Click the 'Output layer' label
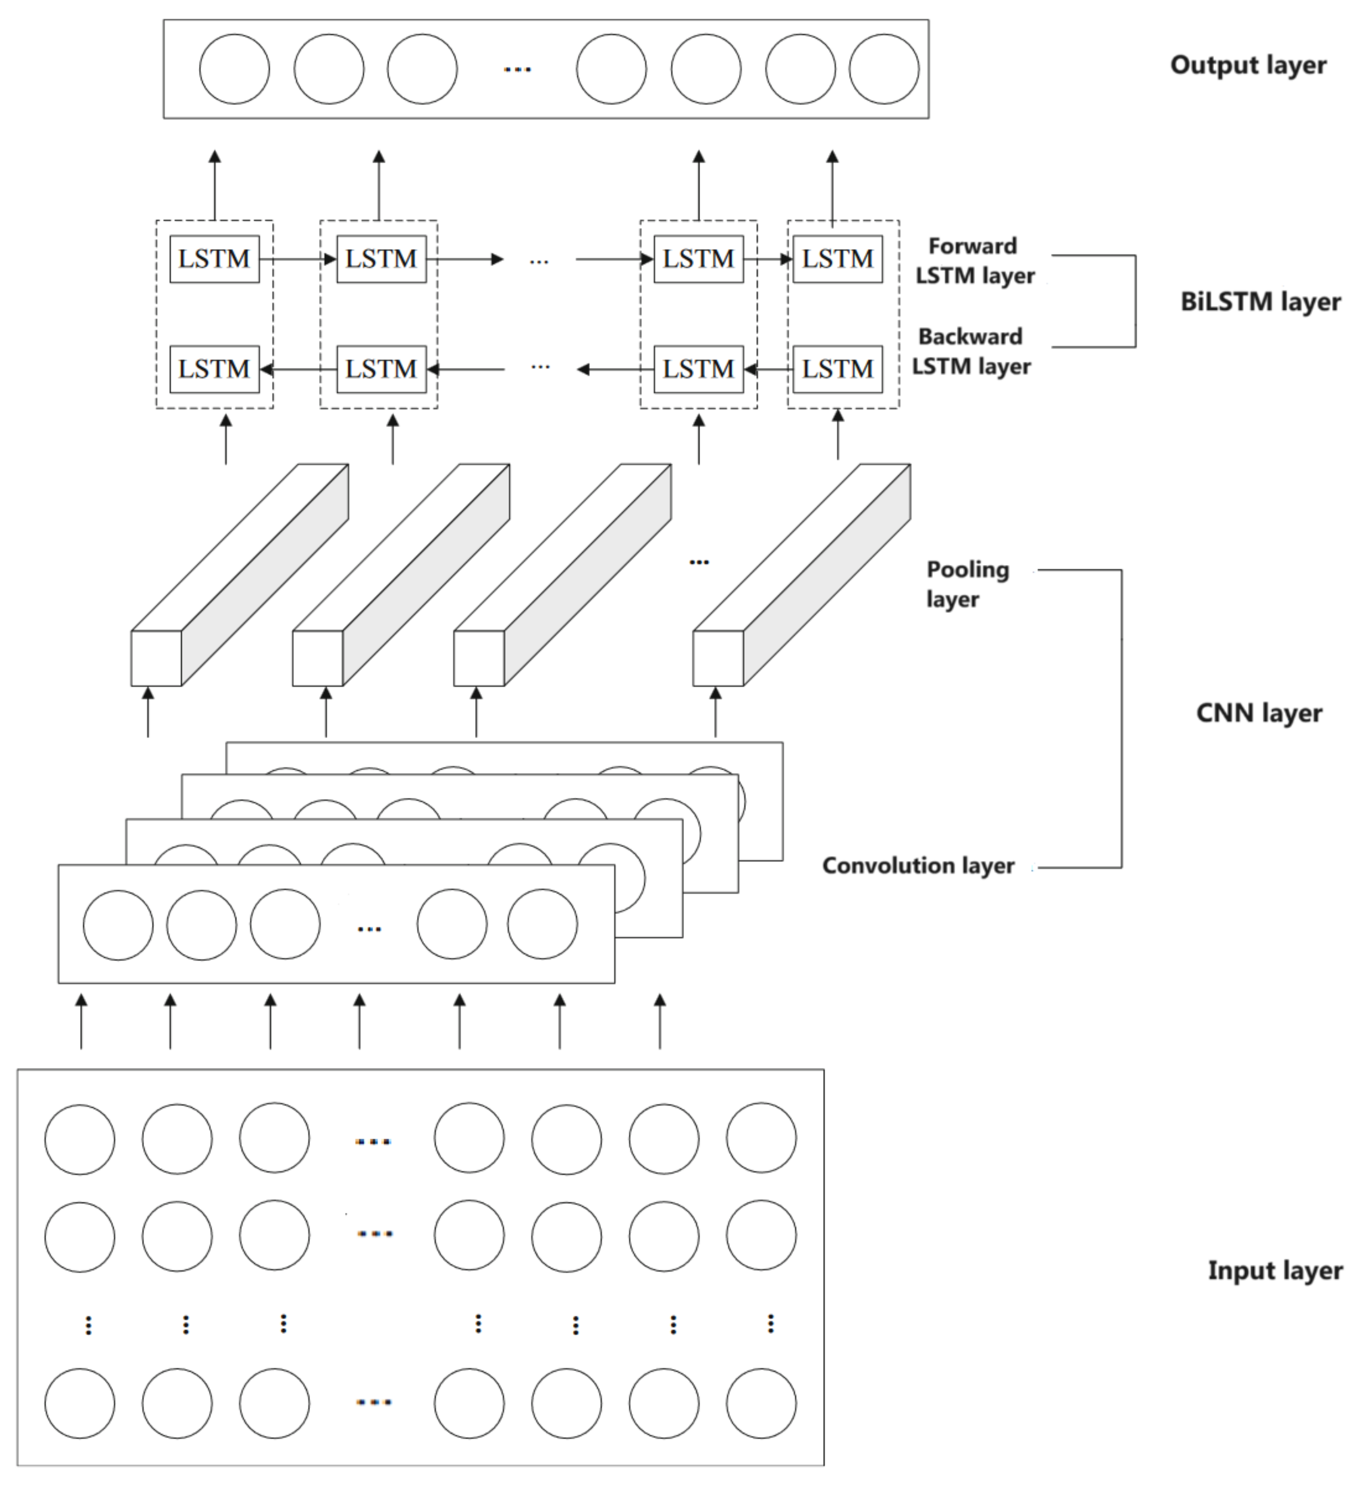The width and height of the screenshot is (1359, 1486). point(1248,65)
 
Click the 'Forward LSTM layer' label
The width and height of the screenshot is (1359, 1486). point(975,260)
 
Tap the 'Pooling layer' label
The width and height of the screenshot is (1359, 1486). point(966,583)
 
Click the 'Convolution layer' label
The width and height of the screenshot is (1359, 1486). point(918,865)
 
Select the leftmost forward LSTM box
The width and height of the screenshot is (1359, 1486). point(215,259)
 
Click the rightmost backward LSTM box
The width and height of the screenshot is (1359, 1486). point(837,368)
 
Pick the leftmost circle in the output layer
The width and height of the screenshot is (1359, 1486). point(234,69)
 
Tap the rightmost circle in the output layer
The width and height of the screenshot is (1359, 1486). point(883,69)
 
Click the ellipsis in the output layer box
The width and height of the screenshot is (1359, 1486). point(518,69)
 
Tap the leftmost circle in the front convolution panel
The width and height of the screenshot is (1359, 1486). point(118,925)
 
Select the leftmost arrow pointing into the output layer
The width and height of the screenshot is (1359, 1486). point(215,184)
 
